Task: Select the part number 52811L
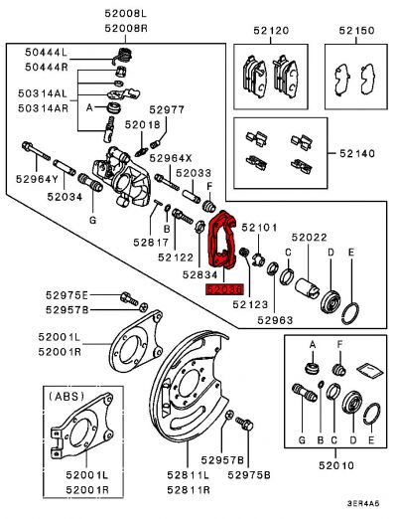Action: click(x=187, y=477)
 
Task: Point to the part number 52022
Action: click(x=309, y=238)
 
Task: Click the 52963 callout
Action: click(x=274, y=320)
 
